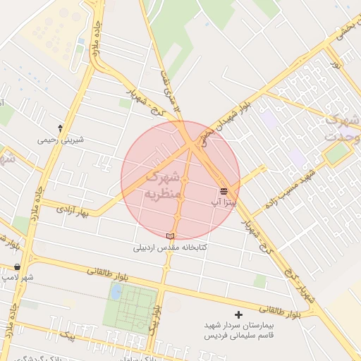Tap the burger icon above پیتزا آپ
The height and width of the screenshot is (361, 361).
pos(224,191)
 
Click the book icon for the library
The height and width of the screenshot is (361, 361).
pos(169,236)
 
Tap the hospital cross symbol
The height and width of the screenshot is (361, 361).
pos(238,314)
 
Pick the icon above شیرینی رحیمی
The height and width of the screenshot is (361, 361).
pos(61,128)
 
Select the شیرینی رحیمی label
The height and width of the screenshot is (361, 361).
pos(61,140)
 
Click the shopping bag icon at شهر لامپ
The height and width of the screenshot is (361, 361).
pos(17,267)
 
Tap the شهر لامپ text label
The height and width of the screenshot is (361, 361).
pos(17,278)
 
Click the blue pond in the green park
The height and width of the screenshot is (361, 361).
pos(116,291)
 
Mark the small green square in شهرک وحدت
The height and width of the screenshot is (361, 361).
pos(337,153)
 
